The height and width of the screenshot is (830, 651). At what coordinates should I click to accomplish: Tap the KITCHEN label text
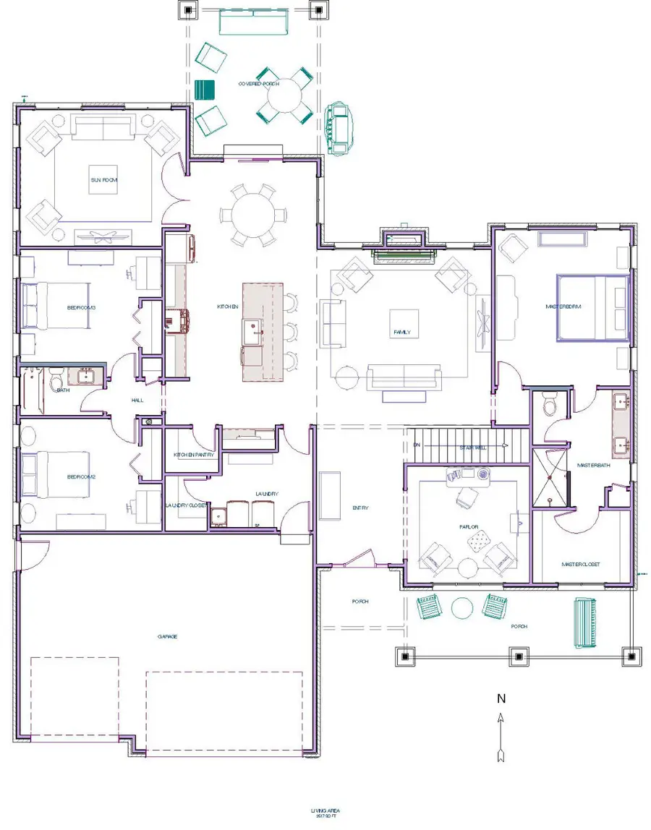click(x=228, y=307)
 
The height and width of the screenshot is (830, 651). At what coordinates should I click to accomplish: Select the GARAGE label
click(x=168, y=636)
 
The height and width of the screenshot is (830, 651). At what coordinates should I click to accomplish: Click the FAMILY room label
click(x=402, y=333)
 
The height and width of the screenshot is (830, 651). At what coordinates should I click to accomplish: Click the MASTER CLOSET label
click(x=581, y=564)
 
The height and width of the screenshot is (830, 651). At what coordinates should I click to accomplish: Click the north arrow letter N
click(x=500, y=699)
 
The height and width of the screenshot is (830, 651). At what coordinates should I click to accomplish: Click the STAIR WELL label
click(x=476, y=448)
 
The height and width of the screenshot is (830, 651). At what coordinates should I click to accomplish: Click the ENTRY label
click(x=360, y=508)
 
